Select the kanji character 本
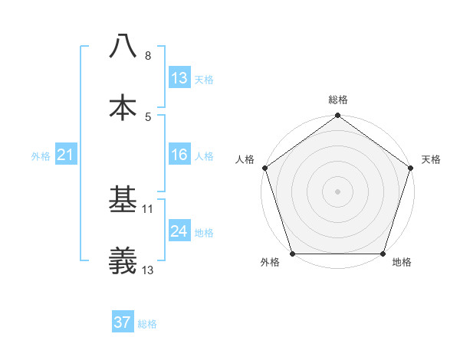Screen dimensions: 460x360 coord(123,108)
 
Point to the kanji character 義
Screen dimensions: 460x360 coord(123,261)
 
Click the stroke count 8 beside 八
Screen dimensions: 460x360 coord(148,56)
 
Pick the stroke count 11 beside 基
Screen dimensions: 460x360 coord(149,208)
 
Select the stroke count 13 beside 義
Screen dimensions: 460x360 coord(149,270)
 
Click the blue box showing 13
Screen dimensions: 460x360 coord(179,78)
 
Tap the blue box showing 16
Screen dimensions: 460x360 coord(179,155)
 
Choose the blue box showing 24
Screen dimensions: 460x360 coord(179,231)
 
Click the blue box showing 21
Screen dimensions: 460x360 coord(66,155)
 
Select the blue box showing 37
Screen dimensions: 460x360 coord(123,322)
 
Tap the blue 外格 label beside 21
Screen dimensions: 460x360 coord(41,156)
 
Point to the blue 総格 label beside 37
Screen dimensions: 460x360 coord(147,324)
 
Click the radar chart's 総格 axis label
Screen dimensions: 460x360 coord(337,100)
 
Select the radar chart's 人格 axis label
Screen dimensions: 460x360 coord(245,159)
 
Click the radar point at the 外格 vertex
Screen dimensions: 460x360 coord(292,254)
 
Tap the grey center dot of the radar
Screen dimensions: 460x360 coord(337,191)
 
